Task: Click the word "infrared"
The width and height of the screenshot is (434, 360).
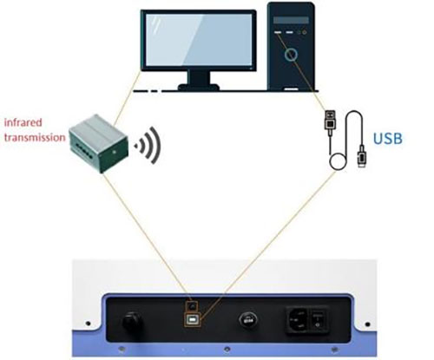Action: click(23, 122)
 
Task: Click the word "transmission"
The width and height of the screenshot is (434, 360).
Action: click(35, 137)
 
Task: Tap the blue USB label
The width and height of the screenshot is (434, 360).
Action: click(388, 139)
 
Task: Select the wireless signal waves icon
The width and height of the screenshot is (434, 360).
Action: click(148, 146)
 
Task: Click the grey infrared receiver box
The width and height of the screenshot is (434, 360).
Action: click(99, 143)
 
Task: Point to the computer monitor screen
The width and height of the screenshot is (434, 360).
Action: click(199, 40)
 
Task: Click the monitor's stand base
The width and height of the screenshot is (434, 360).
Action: click(198, 87)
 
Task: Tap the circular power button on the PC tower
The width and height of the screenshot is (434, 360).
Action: click(291, 55)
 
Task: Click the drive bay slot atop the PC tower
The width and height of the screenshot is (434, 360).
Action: click(291, 20)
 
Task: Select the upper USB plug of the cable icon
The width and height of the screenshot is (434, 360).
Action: click(330, 122)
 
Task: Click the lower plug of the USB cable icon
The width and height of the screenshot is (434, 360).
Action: click(362, 156)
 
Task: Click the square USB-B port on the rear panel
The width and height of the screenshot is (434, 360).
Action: click(192, 320)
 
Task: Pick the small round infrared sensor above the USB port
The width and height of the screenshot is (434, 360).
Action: click(191, 305)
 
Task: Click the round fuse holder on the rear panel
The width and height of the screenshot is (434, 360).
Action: click(247, 320)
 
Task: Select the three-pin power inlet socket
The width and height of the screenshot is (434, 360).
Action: click(298, 319)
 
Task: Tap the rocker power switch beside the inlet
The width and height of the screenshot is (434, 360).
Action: click(318, 319)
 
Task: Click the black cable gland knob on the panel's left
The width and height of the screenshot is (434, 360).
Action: click(132, 322)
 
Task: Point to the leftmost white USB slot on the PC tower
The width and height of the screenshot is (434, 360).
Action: click(278, 32)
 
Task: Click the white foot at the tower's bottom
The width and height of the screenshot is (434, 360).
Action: click(291, 89)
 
